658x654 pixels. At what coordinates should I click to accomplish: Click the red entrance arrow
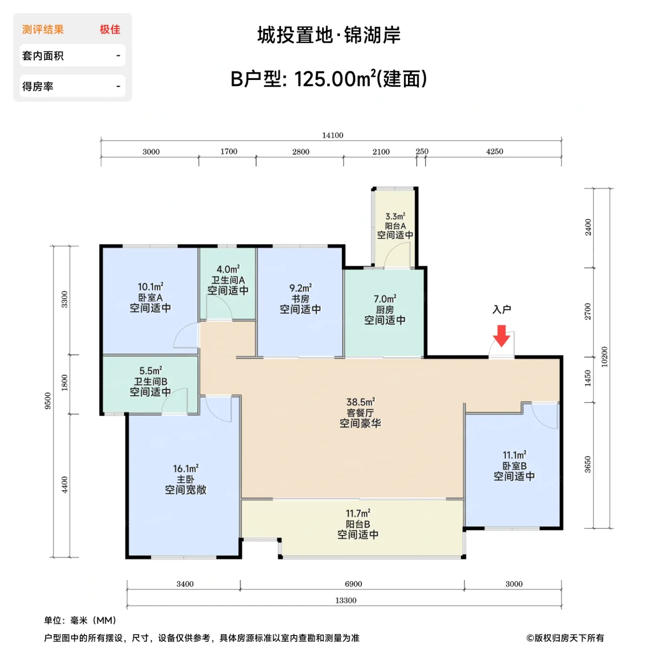tap(501, 335)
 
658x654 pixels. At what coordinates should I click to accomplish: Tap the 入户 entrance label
tap(501, 310)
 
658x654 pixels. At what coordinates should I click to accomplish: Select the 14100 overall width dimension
tap(332, 136)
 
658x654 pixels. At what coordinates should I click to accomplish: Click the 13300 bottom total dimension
tap(345, 600)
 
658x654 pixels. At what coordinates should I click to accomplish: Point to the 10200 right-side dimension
tap(604, 357)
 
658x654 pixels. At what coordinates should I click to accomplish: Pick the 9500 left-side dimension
tap(48, 400)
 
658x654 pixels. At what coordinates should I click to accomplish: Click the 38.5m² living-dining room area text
tap(360, 402)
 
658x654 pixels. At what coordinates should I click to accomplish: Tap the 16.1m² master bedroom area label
tap(186, 469)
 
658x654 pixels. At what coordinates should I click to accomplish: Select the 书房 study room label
tap(300, 299)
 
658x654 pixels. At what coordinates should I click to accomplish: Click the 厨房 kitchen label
tap(385, 310)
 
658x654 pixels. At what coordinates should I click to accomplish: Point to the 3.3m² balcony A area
tap(395, 216)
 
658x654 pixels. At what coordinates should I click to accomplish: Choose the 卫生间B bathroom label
tap(150, 382)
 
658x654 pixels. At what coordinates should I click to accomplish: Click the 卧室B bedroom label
tap(514, 466)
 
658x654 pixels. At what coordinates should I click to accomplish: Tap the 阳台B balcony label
tap(358, 524)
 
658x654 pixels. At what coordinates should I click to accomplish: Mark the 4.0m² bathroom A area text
tap(228, 270)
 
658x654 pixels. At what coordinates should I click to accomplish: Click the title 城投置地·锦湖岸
tap(329, 35)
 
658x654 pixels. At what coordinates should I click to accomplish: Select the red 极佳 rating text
tap(110, 30)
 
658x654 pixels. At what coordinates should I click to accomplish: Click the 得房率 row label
tap(38, 87)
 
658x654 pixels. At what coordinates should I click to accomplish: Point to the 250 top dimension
tap(422, 152)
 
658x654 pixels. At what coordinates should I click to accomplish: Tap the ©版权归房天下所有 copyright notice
tap(565, 638)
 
